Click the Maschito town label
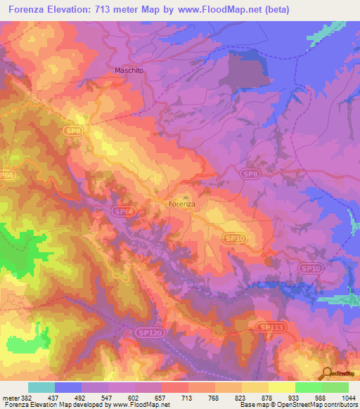130,70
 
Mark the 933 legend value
281,397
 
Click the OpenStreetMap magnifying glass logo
327,374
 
